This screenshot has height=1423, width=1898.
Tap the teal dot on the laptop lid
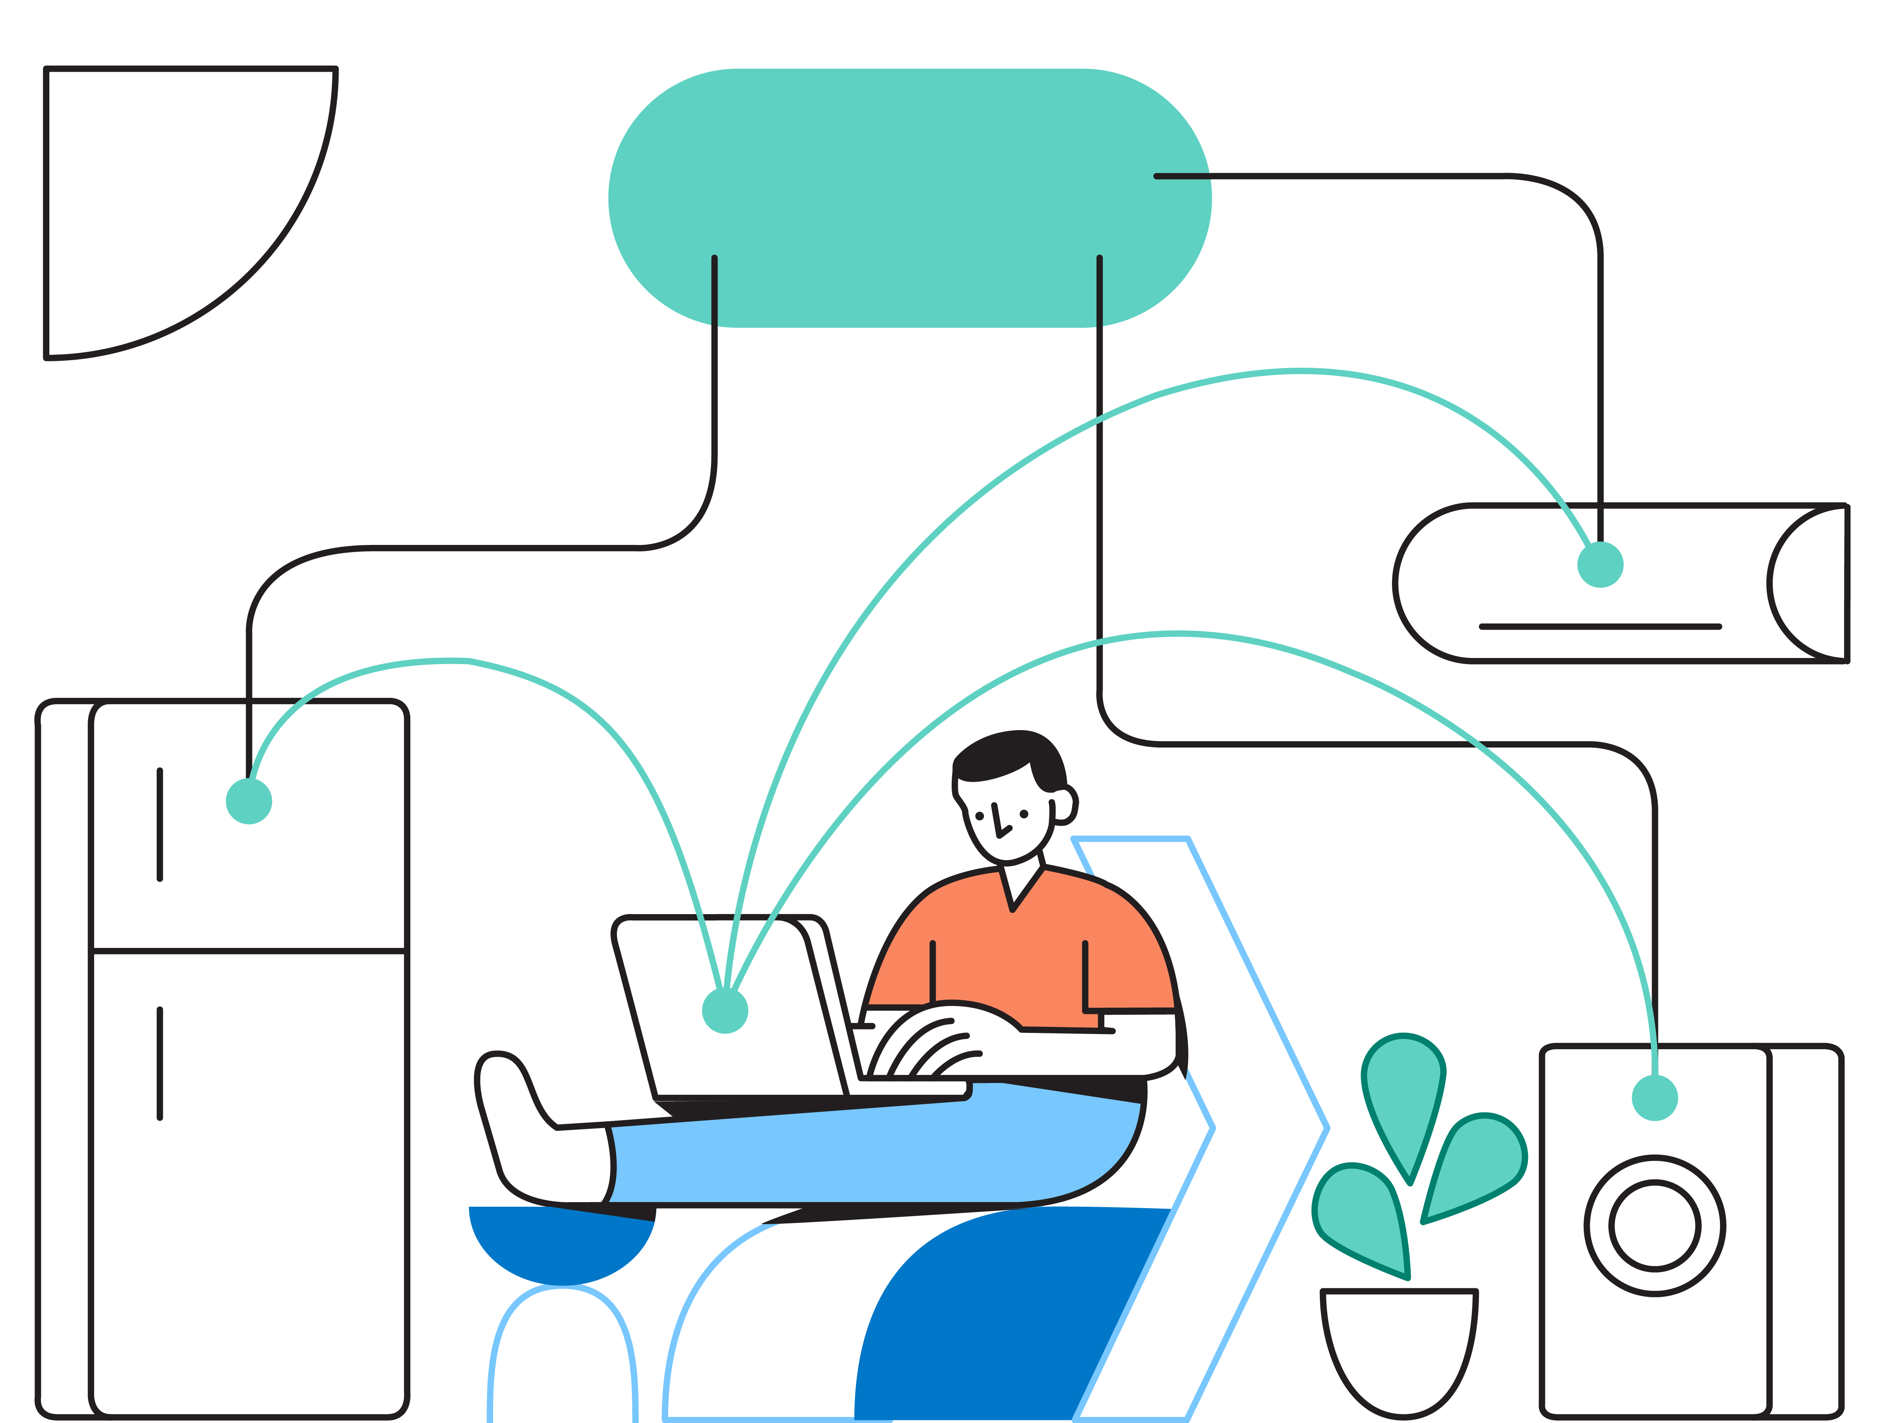[x=725, y=1011]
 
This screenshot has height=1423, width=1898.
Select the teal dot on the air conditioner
[x=1600, y=564]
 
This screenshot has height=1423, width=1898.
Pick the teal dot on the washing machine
[x=1654, y=1098]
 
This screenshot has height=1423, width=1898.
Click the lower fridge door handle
[x=159, y=1064]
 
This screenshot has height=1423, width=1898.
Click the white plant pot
[x=1398, y=1347]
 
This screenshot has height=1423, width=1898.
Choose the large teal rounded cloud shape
[x=910, y=197]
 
